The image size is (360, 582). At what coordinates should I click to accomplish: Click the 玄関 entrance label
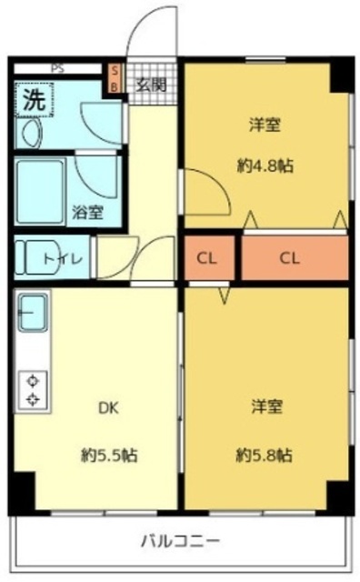click(151, 85)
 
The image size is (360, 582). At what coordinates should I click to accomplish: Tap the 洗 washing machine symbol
click(35, 100)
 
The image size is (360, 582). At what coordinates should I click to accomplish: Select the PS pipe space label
click(57, 69)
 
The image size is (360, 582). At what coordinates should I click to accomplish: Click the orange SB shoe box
click(115, 79)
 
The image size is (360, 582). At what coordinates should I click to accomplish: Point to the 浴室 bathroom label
click(87, 212)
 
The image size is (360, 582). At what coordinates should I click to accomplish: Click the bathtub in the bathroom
click(40, 192)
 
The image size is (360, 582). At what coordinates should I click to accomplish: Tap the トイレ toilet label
click(63, 258)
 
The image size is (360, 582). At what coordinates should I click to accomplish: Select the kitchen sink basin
click(34, 312)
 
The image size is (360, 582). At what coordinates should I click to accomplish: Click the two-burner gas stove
click(34, 390)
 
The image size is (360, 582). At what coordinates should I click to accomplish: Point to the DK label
click(108, 408)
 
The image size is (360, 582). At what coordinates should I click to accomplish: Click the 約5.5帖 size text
click(109, 455)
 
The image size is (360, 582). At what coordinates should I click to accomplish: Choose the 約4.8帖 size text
click(265, 166)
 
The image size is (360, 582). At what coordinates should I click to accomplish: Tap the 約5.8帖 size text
click(265, 455)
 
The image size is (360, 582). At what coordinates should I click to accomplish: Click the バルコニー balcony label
click(180, 541)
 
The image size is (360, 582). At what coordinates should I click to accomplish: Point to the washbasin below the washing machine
click(31, 133)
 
